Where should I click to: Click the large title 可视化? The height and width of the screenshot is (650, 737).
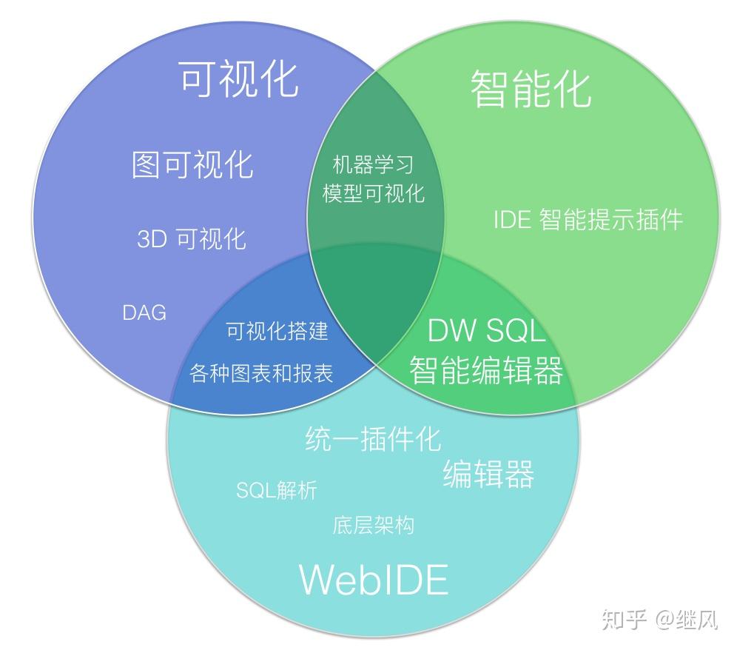click(238, 78)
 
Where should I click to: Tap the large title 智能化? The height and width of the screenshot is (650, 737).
click(531, 89)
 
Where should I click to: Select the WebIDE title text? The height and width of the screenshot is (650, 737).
click(374, 579)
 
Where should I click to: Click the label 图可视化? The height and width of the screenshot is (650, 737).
click(192, 164)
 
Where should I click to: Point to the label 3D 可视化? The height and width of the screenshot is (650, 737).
click(192, 238)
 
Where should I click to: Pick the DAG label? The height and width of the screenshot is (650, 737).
click(144, 312)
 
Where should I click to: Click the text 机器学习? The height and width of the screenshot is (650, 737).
click(372, 164)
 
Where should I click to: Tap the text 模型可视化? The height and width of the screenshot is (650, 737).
click(373, 193)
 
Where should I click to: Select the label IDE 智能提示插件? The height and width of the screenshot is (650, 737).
click(588, 220)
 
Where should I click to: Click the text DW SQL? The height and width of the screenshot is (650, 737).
click(487, 330)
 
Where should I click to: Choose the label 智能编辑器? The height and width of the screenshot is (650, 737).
click(486, 370)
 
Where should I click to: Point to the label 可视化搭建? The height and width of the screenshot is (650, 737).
click(277, 331)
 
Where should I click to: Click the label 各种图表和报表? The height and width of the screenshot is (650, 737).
click(261, 372)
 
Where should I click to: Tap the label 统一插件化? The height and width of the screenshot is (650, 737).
click(373, 439)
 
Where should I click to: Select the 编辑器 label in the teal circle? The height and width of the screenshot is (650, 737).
click(488, 473)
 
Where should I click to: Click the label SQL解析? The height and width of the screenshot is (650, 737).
click(277, 490)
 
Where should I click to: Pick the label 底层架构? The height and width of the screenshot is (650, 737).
click(373, 526)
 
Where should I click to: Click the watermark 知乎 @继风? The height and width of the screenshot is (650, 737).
click(659, 619)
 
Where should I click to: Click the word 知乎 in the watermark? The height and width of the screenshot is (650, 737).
click(625, 619)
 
